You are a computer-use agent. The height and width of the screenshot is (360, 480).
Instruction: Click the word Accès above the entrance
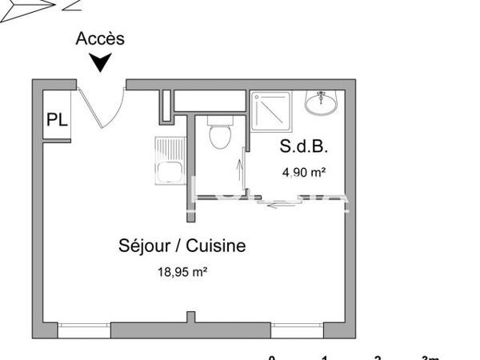[x=100, y=38]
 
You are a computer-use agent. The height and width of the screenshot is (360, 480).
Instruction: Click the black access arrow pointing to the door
[x=100, y=62]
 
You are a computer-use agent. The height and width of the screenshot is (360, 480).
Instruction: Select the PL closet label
[x=57, y=120]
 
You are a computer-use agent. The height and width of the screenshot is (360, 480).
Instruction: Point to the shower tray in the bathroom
[x=272, y=111]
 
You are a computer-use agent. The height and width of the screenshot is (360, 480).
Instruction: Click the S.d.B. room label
[x=303, y=147]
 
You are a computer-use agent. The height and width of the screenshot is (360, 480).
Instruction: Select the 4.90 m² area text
[x=303, y=171]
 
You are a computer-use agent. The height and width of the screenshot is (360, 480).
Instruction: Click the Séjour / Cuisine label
[x=182, y=246]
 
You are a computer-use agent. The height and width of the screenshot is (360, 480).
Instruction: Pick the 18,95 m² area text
[x=182, y=271]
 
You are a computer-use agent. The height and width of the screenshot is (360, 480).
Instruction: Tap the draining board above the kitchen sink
[x=170, y=148]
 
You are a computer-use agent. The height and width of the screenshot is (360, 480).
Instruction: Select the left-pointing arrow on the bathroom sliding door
[x=279, y=206]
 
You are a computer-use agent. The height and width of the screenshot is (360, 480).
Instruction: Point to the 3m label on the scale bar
[x=432, y=358]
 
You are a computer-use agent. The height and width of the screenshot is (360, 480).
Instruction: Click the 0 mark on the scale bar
[x=272, y=358]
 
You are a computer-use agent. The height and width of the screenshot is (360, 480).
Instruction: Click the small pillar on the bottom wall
[x=190, y=318]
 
